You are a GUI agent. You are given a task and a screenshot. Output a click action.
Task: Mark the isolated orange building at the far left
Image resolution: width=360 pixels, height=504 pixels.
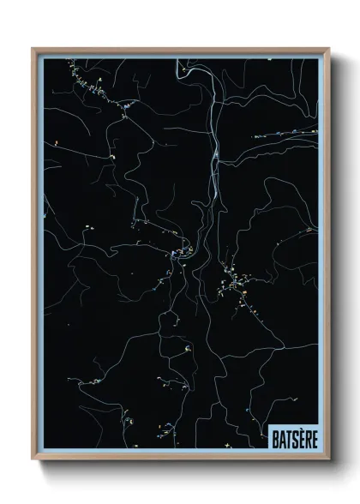[57, 142]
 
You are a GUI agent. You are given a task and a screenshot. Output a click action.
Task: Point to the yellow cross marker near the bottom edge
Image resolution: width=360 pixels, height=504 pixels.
[225, 445]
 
